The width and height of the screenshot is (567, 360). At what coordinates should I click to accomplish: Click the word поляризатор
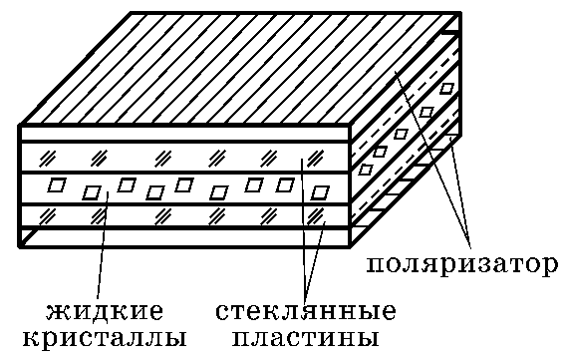[x=461, y=265]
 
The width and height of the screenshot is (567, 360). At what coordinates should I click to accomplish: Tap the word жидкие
[x=105, y=311]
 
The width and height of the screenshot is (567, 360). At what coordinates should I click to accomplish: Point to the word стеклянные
[x=306, y=311]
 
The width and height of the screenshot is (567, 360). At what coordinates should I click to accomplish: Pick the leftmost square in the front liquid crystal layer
[x=57, y=184]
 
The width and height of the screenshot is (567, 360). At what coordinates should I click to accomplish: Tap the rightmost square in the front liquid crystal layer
[x=320, y=192]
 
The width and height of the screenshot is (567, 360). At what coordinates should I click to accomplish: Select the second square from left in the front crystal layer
[x=92, y=192]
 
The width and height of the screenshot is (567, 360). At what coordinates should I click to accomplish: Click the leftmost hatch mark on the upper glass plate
[x=48, y=158]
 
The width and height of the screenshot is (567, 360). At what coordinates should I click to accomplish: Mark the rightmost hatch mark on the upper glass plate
[x=315, y=158]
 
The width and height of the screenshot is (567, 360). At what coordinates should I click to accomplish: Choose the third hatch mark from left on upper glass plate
[x=163, y=158]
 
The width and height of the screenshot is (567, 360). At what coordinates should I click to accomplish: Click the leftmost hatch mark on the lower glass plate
[x=48, y=216]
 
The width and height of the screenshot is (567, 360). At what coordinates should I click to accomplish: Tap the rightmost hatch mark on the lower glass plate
[x=315, y=216]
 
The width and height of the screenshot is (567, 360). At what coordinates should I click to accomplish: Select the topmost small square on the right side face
[x=447, y=88]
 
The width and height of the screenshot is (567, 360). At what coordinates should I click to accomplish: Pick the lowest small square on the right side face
[x=366, y=169]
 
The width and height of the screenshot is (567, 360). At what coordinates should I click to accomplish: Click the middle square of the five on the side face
[x=401, y=134]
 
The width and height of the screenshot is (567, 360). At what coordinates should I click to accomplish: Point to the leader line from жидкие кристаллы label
[x=103, y=245]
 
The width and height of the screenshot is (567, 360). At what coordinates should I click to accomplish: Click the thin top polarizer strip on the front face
[x=183, y=134]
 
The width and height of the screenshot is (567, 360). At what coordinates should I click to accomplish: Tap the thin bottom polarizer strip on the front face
[x=183, y=237]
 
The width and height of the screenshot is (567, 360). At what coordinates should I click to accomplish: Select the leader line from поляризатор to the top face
[x=432, y=160]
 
